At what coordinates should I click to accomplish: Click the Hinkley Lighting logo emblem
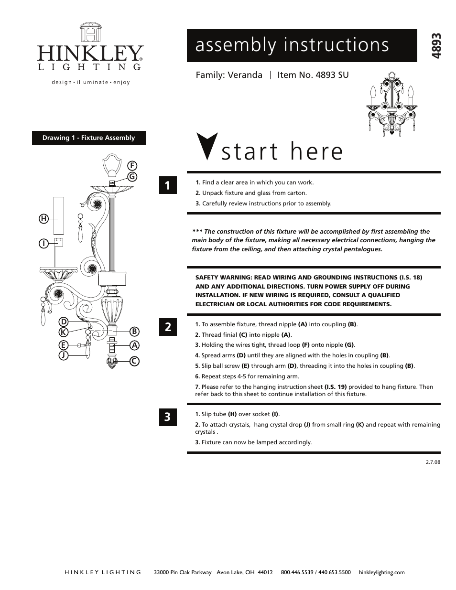point(90,32)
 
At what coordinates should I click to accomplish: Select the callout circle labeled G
point(132,176)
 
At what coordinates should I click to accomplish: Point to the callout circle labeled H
point(43,219)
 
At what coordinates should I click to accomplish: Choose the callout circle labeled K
point(63,332)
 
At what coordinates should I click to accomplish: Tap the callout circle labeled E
point(63,344)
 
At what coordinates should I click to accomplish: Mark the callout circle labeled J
point(63,355)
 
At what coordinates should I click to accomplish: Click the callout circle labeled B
point(134,331)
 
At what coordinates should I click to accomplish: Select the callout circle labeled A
point(134,345)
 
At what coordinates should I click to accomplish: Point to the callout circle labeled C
point(134,362)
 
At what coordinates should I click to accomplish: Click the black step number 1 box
point(168,185)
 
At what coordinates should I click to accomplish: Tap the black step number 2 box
point(168,327)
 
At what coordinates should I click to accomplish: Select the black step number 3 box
point(168,417)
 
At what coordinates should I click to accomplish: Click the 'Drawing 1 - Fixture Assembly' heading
point(89,138)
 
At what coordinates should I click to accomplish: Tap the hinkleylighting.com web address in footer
point(381,572)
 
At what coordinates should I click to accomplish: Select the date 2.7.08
point(432,462)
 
